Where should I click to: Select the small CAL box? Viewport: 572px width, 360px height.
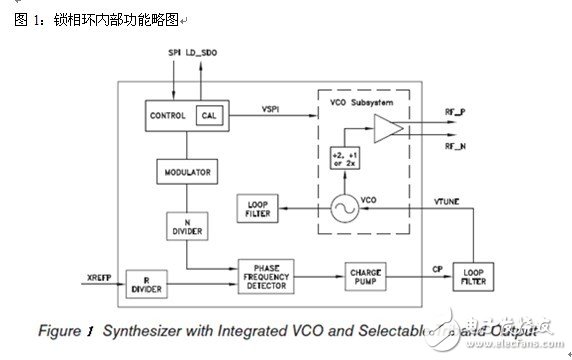[210, 116]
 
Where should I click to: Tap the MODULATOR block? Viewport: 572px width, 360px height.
[187, 172]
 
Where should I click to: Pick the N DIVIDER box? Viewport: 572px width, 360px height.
[186, 226]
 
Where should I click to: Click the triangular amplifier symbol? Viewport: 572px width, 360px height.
[385, 128]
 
